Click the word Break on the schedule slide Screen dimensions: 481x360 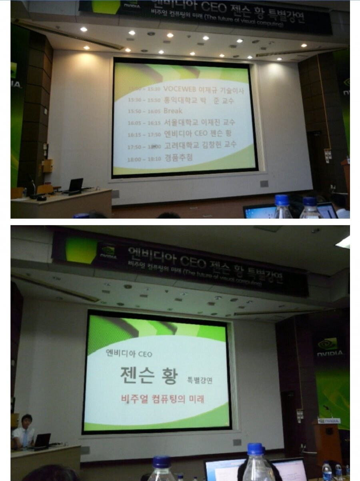173,111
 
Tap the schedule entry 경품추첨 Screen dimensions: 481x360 178,158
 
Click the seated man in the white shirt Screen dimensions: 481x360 23,433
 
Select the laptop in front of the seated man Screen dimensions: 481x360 42,440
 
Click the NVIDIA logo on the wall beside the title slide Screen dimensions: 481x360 330,346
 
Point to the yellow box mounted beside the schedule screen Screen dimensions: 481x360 48,165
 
